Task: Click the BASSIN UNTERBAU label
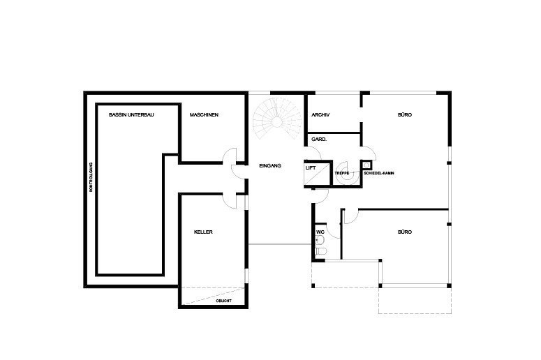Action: coord(131,115)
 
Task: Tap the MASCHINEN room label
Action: coord(204,115)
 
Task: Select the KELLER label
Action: coord(203,232)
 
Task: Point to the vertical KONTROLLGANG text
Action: coord(91,177)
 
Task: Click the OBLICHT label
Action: coord(223,301)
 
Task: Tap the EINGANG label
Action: coord(270,166)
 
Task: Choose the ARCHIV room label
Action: coord(320,115)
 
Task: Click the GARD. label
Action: coord(319,140)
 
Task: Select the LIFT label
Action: coord(311,168)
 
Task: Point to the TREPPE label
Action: coord(342,173)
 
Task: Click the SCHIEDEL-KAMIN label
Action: coord(379,173)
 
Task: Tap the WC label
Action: coord(320,232)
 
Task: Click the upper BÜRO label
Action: coord(405,115)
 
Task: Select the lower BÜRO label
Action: coord(405,232)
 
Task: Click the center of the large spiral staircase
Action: coord(276,121)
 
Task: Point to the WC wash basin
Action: coord(320,240)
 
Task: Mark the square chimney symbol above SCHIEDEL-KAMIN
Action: coord(366,165)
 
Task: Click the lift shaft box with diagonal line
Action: coord(318,174)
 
